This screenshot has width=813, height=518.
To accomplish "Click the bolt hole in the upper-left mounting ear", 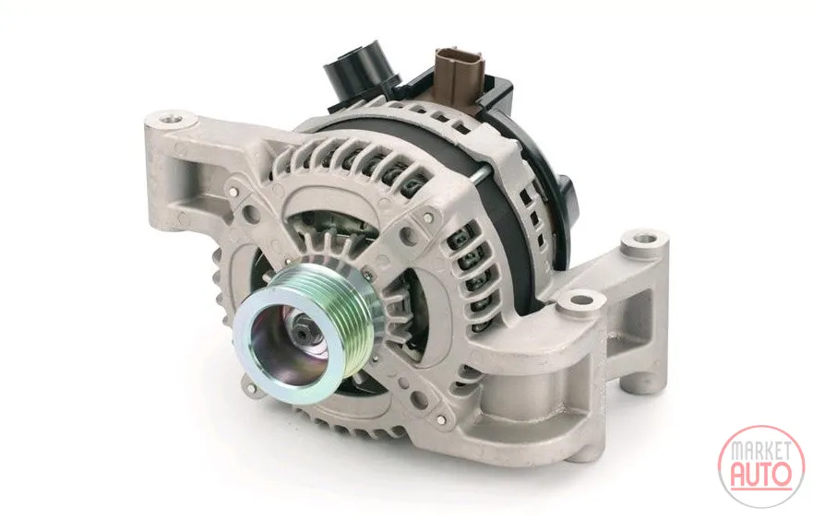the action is tap(170, 120).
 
